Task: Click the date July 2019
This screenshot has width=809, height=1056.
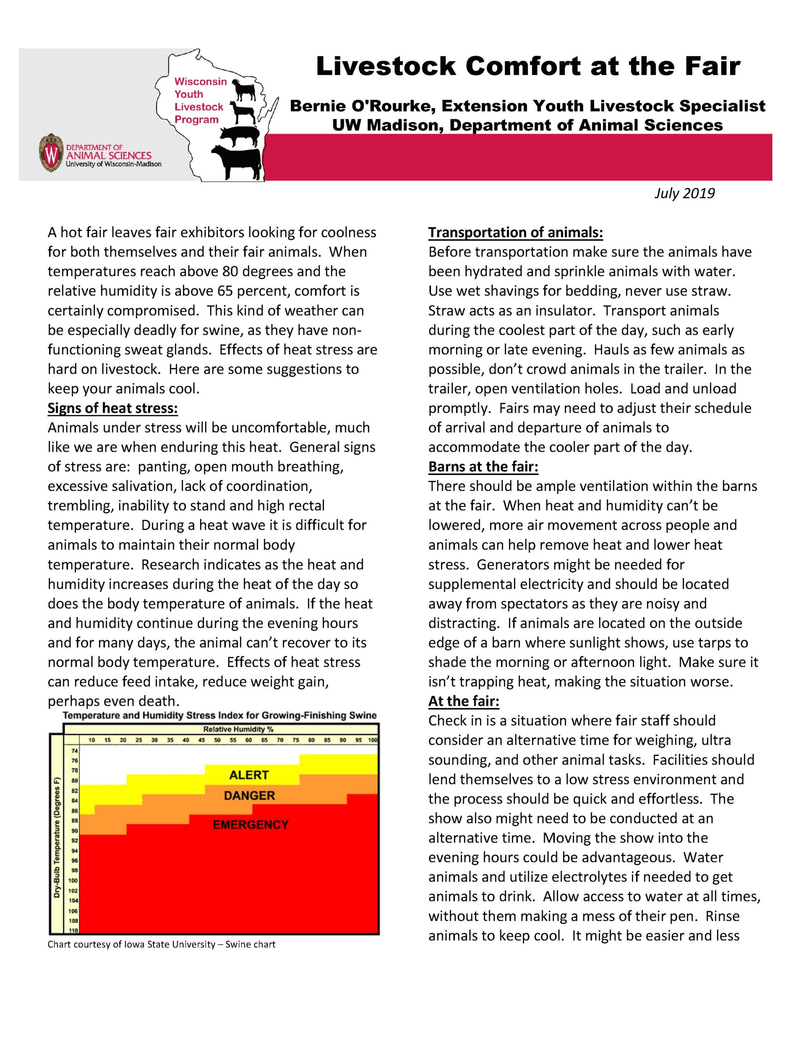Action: [684, 193]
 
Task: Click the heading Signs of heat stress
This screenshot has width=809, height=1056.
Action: [113, 408]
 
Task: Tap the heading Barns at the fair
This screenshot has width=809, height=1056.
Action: [483, 467]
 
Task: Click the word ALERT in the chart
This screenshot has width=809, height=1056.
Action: [249, 775]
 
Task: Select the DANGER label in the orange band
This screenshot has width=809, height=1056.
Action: [249, 796]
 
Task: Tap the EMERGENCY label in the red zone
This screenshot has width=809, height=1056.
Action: [251, 825]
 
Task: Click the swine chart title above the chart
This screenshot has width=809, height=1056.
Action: [220, 715]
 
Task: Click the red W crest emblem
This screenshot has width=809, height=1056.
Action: [50, 153]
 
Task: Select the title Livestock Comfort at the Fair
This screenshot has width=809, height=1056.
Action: [528, 66]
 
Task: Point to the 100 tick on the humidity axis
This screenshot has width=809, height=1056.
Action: [373, 740]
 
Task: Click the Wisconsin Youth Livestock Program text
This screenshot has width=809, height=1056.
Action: [199, 101]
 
